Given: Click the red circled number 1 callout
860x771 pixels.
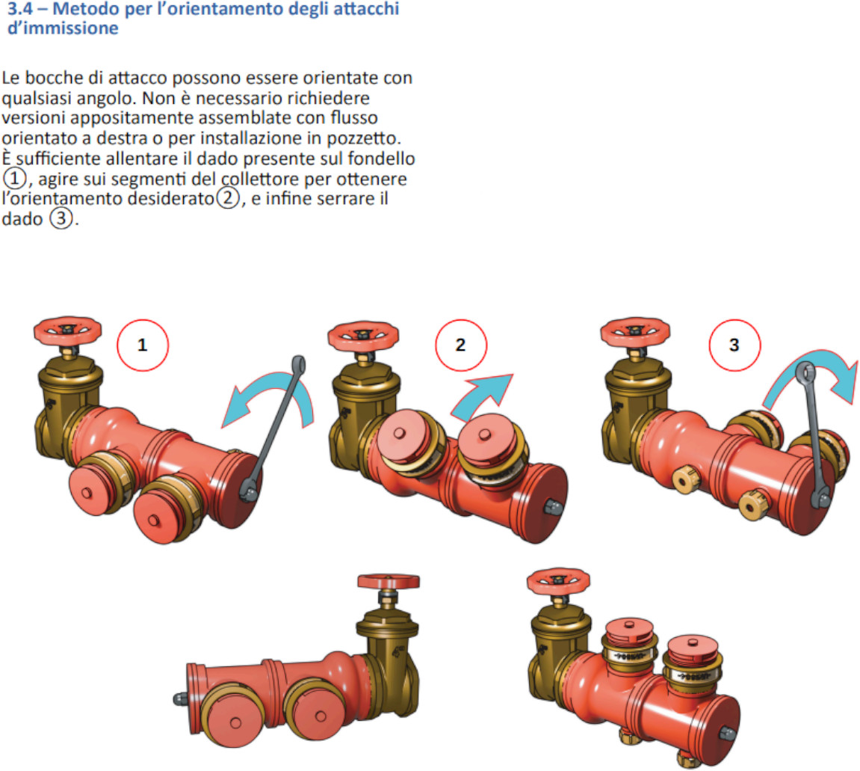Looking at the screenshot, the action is [x=143, y=345].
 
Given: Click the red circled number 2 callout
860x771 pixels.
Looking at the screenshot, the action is [x=461, y=345].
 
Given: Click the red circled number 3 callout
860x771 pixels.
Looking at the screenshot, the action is [x=734, y=345].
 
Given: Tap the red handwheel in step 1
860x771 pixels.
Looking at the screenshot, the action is [x=67, y=331].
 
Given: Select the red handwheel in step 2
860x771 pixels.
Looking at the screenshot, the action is [x=363, y=336].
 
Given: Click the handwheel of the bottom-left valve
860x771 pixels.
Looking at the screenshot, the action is [x=389, y=582].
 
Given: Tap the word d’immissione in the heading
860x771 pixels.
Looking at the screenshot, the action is [x=63, y=28].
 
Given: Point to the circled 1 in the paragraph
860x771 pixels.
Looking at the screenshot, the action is [x=14, y=178].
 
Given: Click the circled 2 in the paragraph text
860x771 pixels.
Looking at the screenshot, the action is [x=228, y=197].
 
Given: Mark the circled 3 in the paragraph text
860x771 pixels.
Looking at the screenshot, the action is [x=61, y=218].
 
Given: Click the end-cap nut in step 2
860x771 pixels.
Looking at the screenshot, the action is [x=552, y=506].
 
